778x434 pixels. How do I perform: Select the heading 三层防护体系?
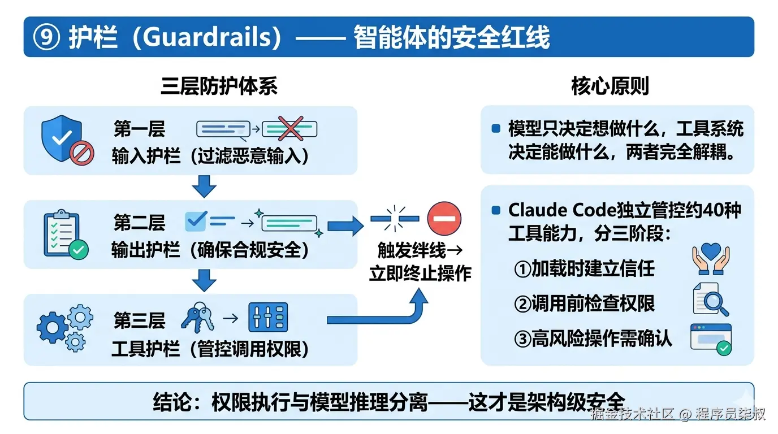(219, 86)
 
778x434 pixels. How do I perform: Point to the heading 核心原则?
(610, 86)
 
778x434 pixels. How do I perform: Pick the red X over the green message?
(290, 128)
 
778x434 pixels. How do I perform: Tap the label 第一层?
(139, 129)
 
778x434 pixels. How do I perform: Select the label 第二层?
(139, 223)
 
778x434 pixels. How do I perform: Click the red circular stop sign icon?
(444, 218)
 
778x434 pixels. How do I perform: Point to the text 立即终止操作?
(420, 273)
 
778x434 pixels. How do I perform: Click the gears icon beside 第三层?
(64, 327)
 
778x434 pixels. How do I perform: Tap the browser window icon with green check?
(711, 339)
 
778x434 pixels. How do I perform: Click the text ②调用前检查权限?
(584, 303)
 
